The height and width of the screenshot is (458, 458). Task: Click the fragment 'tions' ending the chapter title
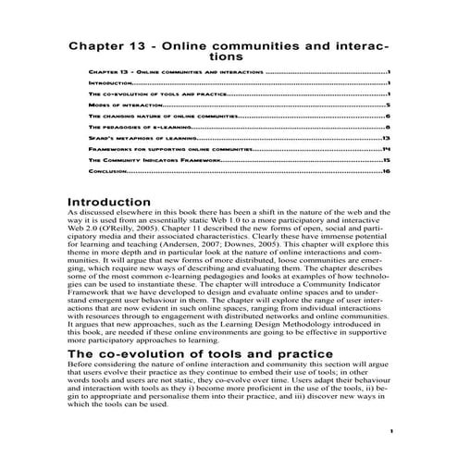229,56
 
